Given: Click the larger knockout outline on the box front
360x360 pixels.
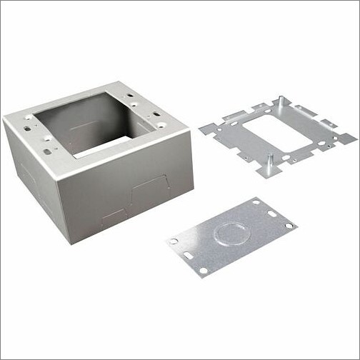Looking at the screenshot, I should click(150, 191).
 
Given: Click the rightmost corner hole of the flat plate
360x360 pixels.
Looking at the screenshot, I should click(289, 226).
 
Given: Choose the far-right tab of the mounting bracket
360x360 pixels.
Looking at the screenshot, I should click(348, 138).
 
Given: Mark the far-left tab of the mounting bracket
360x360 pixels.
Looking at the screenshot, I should click(206, 129).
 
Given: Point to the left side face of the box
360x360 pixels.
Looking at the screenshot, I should click(36, 179).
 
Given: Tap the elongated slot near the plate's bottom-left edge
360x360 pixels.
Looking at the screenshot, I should click(187, 255).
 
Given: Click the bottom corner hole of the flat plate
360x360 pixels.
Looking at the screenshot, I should click(204, 270).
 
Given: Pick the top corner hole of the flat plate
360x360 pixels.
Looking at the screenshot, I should click(255, 203).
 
